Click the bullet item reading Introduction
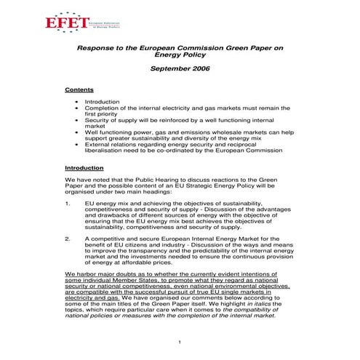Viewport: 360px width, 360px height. click(x=103, y=102)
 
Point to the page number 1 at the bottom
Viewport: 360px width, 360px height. click(x=180, y=341)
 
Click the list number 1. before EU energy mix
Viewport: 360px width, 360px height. click(x=68, y=196)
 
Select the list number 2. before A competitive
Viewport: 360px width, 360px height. click(x=68, y=237)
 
